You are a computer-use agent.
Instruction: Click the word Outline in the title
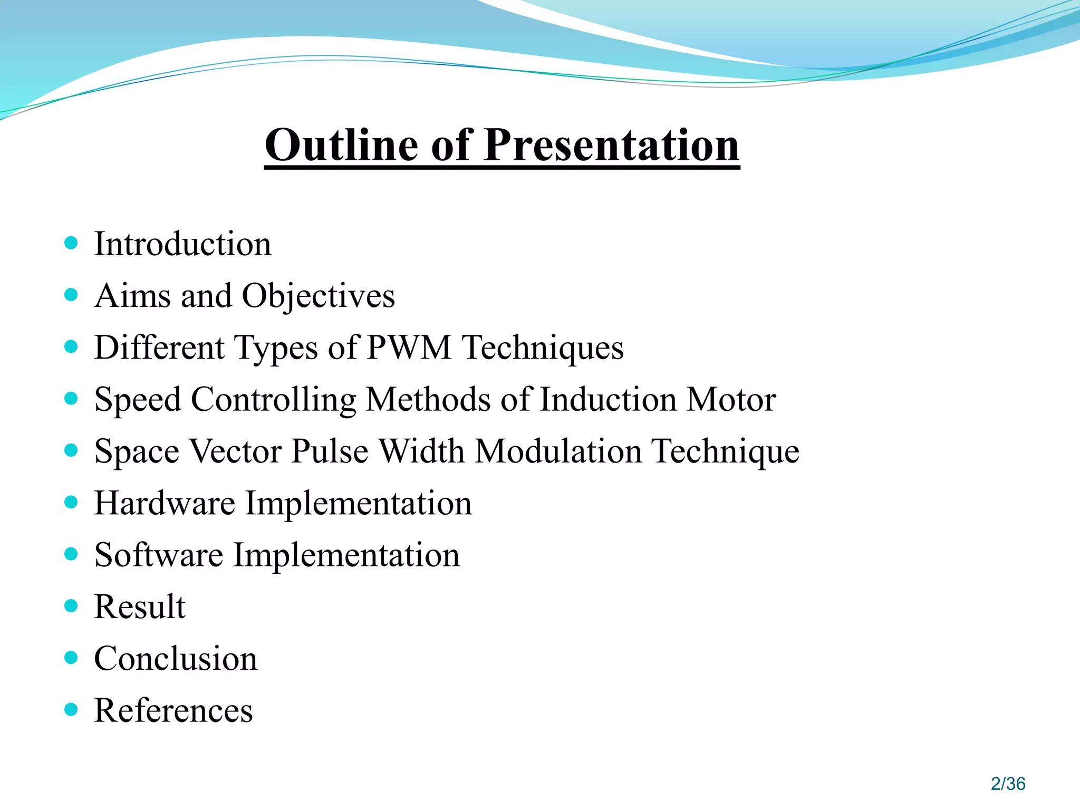tap(342, 145)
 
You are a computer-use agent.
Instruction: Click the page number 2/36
tap(1008, 784)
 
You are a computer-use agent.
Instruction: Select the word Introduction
tap(182, 244)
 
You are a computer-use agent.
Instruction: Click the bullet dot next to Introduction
tap(71, 243)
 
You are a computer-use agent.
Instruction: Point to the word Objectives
tap(318, 296)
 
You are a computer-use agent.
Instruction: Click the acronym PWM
tap(409, 348)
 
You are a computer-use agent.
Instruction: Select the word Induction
tap(608, 399)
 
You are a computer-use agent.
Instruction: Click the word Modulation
tap(558, 451)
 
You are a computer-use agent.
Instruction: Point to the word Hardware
tap(165, 503)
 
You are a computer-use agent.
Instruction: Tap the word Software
tap(158, 555)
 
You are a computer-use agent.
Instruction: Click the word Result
tap(140, 606)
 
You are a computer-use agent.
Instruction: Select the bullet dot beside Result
tap(71, 605)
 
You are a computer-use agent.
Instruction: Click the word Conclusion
tap(176, 659)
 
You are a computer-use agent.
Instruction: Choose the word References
tap(173, 710)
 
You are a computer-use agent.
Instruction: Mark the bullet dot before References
tap(71, 709)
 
